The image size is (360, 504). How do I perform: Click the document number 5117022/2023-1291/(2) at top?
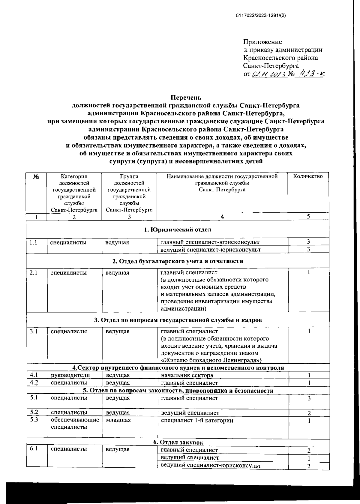(x=261, y=16)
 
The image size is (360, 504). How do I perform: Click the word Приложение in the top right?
(x=262, y=42)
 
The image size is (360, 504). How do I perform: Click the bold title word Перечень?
(x=186, y=97)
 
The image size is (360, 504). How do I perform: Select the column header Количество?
(x=308, y=176)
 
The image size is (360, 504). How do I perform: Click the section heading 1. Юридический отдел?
(x=177, y=230)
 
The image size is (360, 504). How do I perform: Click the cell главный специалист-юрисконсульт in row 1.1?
(x=210, y=242)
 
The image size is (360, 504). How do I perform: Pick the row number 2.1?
(x=33, y=273)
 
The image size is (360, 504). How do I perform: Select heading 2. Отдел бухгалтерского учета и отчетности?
(x=177, y=261)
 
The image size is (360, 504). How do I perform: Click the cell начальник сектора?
(x=187, y=375)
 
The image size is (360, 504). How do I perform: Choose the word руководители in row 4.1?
(x=70, y=375)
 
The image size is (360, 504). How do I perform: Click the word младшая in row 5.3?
(x=118, y=420)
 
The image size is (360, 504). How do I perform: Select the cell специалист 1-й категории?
(x=197, y=421)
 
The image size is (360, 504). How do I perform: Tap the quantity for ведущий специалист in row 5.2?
(x=309, y=413)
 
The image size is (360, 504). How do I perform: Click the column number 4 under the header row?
(x=222, y=217)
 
